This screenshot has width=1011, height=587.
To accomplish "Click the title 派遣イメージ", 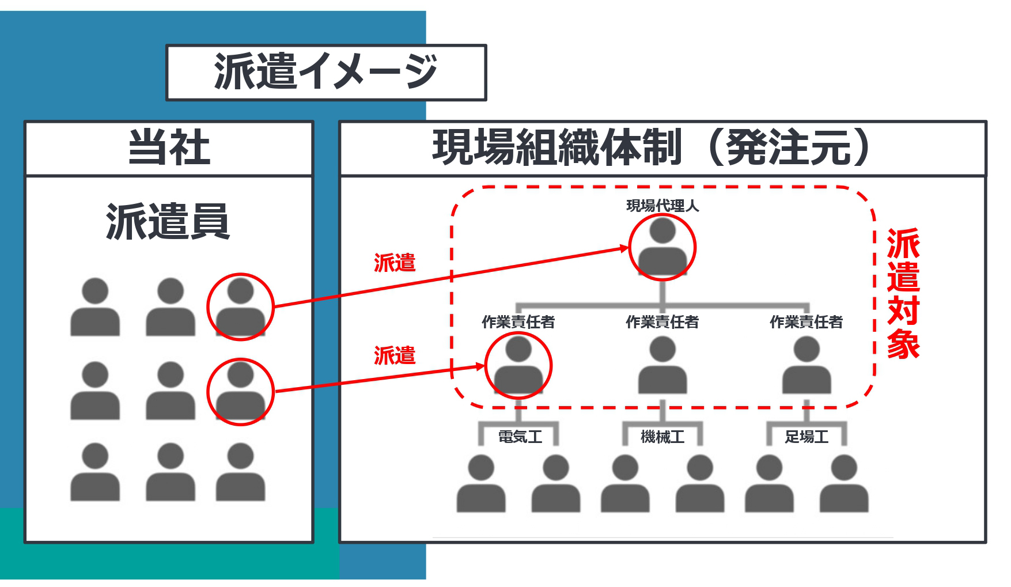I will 325,72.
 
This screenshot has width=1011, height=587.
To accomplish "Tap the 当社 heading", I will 169,147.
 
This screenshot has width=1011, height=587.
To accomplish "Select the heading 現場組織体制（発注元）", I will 651,147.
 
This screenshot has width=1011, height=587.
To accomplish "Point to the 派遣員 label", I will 168,222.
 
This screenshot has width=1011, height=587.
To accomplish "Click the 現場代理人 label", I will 662,206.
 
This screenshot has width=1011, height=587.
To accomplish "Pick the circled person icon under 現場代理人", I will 662,248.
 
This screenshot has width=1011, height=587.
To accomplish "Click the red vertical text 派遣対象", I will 903,294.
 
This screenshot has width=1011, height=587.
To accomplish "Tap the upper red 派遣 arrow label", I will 395,263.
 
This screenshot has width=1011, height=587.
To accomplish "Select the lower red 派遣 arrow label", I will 395,355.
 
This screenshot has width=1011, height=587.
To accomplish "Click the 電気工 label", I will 520,437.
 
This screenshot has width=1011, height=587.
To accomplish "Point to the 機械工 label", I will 662,437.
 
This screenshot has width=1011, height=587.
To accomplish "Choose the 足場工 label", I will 806,437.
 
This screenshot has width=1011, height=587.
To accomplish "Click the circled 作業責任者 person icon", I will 518,365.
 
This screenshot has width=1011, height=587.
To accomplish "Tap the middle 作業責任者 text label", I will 662,322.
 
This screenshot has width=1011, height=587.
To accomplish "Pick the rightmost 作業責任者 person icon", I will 806,365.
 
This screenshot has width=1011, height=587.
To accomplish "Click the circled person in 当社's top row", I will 240,306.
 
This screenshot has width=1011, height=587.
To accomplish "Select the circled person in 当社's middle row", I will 240,391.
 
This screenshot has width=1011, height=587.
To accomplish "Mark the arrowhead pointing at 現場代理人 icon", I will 624,248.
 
